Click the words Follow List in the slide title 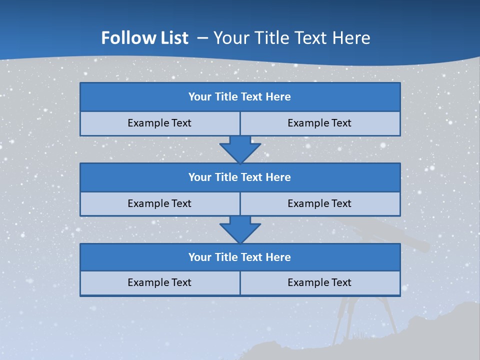pos(144,38)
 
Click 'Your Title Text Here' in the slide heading pos(292,38)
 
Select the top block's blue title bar pos(240,97)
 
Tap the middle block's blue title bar pos(240,177)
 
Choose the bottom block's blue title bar pos(240,257)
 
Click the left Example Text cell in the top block pos(159,123)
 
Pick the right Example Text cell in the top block pos(320,123)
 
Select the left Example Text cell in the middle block pos(159,204)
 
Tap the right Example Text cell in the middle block pos(320,204)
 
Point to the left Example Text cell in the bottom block pos(159,283)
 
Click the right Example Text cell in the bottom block pos(320,283)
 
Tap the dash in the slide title pos(203,38)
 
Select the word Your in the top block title pos(200,97)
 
